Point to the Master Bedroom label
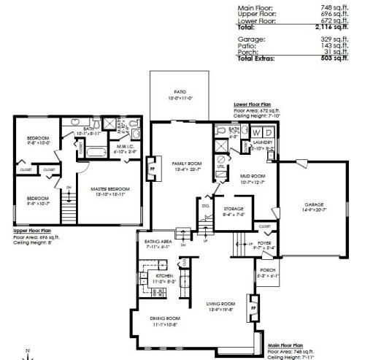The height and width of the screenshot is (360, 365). coord(109,189)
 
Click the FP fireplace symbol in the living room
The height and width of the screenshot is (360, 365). coord(253,308)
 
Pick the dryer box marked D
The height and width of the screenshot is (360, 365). coord(269,131)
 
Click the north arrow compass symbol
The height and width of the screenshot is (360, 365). coord(26,353)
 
